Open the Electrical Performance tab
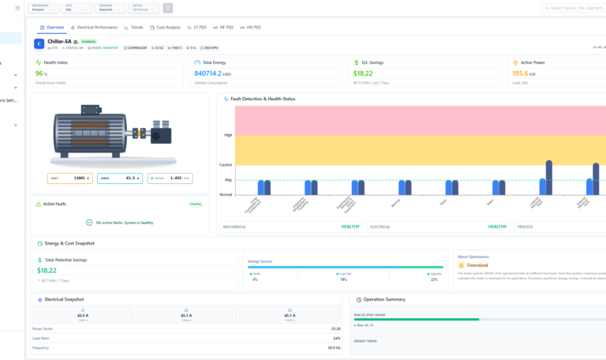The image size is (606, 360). point(94,27)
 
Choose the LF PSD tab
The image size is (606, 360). point(202,27)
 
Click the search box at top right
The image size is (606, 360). point(574,8)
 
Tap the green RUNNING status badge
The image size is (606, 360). point(88,41)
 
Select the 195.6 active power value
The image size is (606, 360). point(521,73)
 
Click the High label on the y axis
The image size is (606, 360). point(228,135)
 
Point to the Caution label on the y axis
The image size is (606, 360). point(226,165)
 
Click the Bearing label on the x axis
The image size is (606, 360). point(395,202)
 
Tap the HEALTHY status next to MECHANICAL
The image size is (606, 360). point(350,227)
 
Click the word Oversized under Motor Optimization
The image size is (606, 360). point(478,265)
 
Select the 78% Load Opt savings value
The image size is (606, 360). point(343,279)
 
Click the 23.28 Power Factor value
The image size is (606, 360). point(335,328)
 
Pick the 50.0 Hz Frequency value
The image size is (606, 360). point(335,347)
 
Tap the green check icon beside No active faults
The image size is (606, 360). point(89,223)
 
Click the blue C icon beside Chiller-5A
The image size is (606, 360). point(39,43)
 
